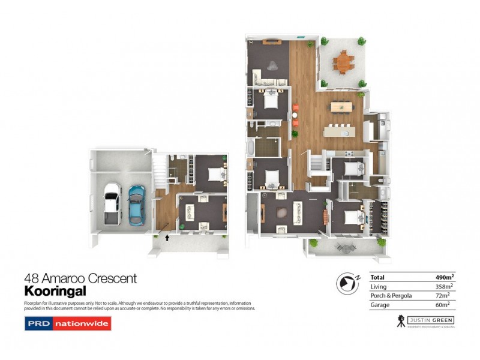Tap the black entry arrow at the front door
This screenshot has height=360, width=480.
[x=167, y=238]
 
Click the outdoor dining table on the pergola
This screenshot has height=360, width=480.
[x=343, y=61]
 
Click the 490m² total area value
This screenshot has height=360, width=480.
[x=442, y=277]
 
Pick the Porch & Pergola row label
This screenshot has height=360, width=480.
[x=390, y=296]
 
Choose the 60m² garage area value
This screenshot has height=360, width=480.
[x=444, y=305]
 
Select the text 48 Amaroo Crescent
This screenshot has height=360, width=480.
[x=80, y=278]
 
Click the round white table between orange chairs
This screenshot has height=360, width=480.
[x=295, y=115]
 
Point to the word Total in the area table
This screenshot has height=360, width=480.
[x=378, y=277]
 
